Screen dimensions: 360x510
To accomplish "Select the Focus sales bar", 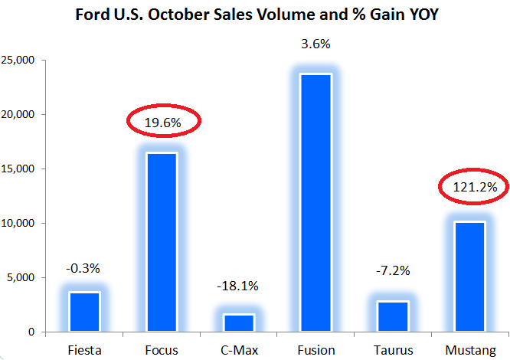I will (x=162, y=242).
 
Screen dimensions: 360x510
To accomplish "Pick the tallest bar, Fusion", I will (x=315, y=202).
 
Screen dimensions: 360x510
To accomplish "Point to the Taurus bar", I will (x=392, y=316).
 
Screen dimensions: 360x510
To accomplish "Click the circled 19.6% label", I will (x=162, y=121).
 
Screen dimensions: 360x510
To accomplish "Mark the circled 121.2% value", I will (x=469, y=186).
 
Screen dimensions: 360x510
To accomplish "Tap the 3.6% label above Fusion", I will (x=315, y=44).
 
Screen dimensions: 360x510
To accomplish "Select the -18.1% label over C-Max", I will (x=238, y=286).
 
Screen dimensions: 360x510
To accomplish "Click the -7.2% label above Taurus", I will (x=392, y=271).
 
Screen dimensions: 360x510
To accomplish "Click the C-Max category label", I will (x=238, y=350).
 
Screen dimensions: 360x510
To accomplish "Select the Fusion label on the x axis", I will (x=315, y=350).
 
